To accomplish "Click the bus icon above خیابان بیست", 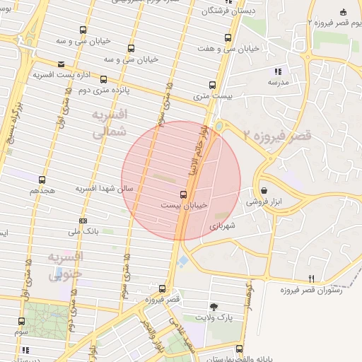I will point(184,194).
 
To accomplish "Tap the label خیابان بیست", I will point(184,204).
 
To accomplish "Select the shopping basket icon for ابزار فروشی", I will point(264,190).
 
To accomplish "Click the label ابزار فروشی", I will point(264,202).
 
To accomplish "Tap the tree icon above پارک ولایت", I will point(214,307).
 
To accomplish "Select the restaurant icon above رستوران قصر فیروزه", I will point(312,279).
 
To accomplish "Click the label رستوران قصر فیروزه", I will point(312,290).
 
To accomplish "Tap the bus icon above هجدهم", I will point(42,180).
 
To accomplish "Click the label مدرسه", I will point(277,82).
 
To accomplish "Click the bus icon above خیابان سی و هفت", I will point(228,38).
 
